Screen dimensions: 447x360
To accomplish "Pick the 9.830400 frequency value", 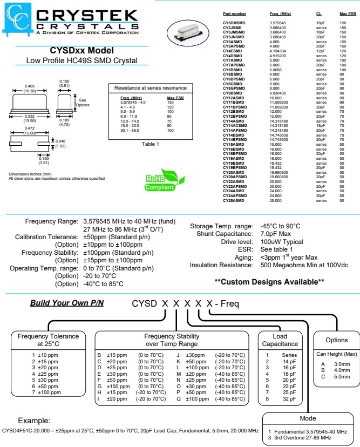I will pyautogui.click(x=279, y=93).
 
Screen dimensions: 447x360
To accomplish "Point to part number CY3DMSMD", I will pyautogui.click(x=234, y=23).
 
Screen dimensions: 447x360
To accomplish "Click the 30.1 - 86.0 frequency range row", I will pyautogui.click(x=132, y=130).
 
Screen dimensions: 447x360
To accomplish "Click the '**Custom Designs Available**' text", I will pyautogui.click(x=269, y=281).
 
